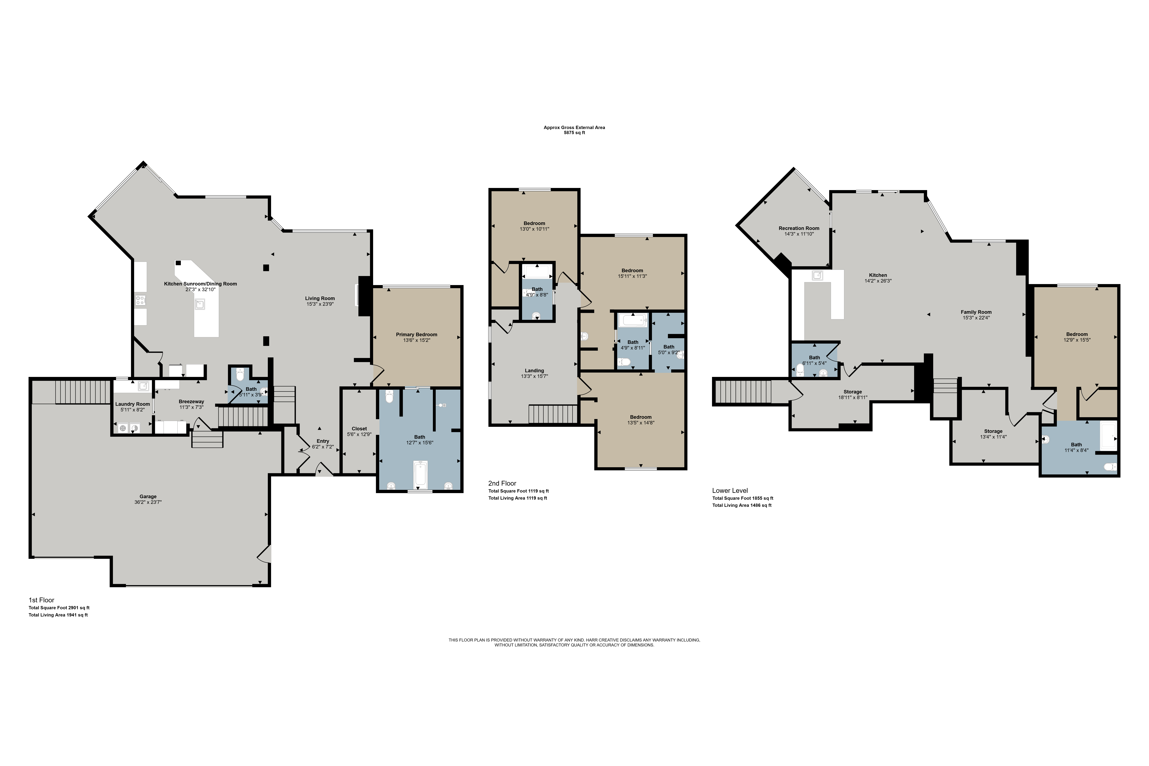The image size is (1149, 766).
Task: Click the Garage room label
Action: click(148, 496)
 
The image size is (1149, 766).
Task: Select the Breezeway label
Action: click(191, 402)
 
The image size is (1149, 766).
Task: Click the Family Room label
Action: click(976, 312)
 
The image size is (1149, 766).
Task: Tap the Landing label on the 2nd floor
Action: click(535, 370)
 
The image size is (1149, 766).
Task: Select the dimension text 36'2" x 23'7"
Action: click(148, 502)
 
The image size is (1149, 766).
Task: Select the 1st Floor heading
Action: click(42, 600)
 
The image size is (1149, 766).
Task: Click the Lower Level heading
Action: click(730, 490)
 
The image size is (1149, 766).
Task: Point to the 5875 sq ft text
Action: click(574, 133)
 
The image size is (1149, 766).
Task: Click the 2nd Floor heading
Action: click(502, 483)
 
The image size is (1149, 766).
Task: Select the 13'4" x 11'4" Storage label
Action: click(993, 431)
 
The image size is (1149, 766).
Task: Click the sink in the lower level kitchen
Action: click(817, 276)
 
